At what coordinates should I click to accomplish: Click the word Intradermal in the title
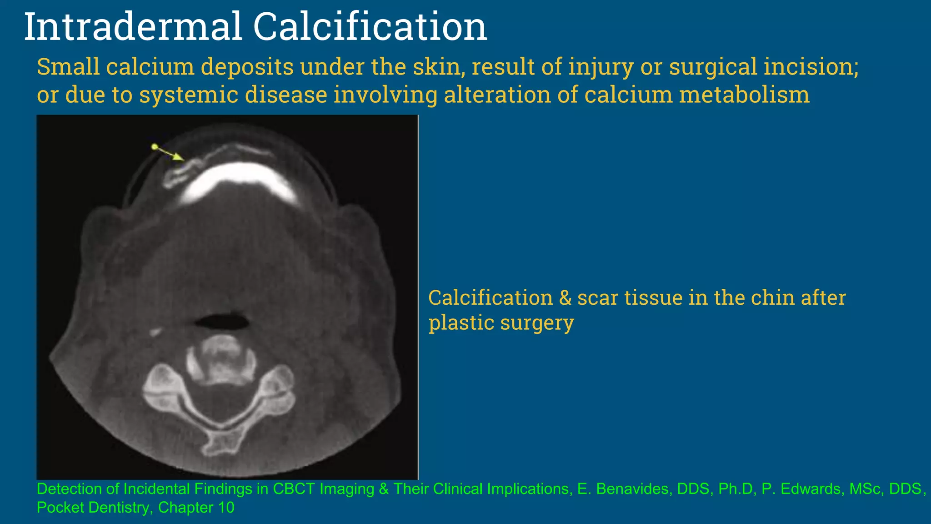point(132,27)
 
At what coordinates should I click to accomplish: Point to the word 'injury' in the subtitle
point(601,67)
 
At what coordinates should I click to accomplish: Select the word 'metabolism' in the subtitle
point(744,95)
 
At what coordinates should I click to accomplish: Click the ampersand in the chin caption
point(565,298)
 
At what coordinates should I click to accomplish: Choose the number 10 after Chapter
point(226,508)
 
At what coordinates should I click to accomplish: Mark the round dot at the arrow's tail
point(154,146)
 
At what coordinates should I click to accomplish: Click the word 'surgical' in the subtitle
point(713,67)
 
